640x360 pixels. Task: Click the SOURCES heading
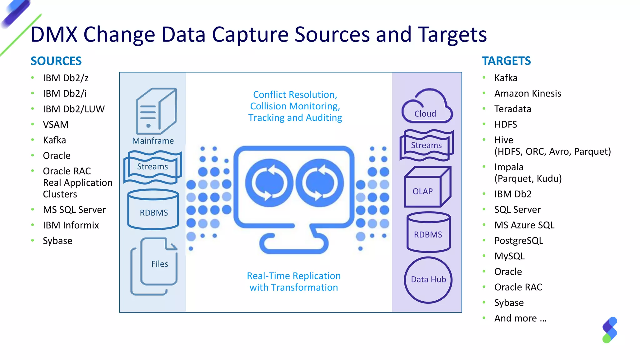tap(56, 61)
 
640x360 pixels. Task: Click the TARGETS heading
tap(506, 61)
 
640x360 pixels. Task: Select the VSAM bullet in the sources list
tap(56, 125)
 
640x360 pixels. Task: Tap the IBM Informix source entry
tap(71, 225)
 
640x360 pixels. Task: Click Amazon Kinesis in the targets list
tap(527, 93)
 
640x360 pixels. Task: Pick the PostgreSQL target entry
tap(518, 241)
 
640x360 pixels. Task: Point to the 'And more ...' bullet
tap(520, 318)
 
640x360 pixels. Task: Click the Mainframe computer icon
tap(156, 111)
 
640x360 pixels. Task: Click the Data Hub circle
tap(428, 280)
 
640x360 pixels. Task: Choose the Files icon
tap(155, 266)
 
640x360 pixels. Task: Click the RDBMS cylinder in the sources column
tap(153, 209)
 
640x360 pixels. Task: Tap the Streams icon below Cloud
tap(426, 145)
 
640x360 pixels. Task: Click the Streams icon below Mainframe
tap(152, 167)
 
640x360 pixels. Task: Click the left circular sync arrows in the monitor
tap(269, 183)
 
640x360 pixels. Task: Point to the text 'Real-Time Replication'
tap(293, 276)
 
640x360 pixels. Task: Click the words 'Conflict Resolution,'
tap(295, 95)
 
